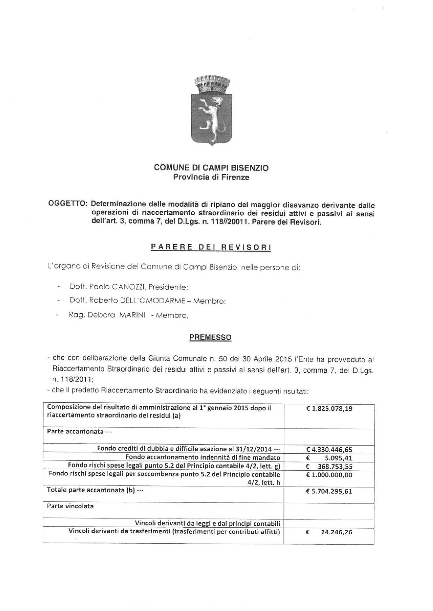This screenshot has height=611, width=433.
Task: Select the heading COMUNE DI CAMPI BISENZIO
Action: [x=211, y=168]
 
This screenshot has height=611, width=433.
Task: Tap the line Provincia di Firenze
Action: [x=211, y=177]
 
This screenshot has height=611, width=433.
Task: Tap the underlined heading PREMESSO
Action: [x=210, y=337]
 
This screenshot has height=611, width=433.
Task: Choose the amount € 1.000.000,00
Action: [x=329, y=475]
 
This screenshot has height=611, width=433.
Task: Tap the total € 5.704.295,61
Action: [x=329, y=491]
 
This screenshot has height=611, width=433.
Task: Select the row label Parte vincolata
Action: [x=70, y=506]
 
